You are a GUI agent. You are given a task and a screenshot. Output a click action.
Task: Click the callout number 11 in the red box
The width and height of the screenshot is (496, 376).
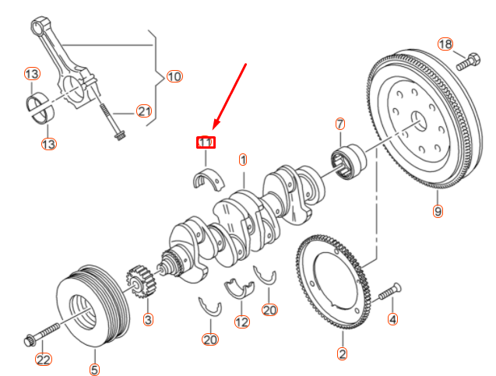[x=206, y=142]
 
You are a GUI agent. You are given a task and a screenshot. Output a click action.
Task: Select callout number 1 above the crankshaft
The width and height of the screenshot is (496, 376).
[x=243, y=160]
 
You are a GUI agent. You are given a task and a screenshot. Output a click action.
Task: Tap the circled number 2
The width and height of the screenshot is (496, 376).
[x=343, y=354]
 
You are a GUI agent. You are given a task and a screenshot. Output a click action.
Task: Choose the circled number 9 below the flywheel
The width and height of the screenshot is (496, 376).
[x=438, y=211]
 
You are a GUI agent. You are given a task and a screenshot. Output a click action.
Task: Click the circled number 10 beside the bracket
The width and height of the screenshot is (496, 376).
[x=174, y=76]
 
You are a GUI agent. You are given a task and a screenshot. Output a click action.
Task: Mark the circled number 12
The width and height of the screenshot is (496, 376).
[x=242, y=322]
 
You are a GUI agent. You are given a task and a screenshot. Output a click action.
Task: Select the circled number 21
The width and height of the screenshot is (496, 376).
[x=143, y=111]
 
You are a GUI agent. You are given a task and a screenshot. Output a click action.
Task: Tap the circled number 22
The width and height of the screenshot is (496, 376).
[x=43, y=359]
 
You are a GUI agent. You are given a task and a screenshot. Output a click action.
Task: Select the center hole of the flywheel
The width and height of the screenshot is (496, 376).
[x=417, y=118]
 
